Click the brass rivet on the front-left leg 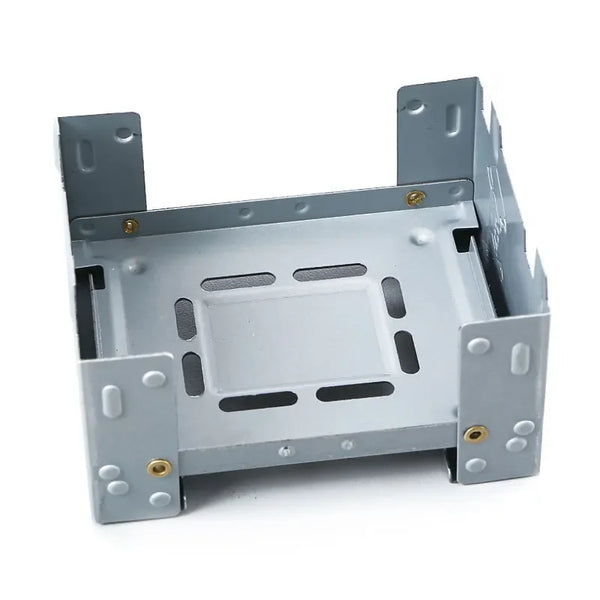(158, 466)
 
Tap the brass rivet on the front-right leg (475, 434)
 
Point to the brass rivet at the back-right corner (415, 197)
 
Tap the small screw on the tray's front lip (290, 449)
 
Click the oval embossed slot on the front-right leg (519, 358)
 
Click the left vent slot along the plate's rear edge (238, 283)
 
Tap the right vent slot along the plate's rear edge (330, 272)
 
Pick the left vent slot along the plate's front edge (258, 401)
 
